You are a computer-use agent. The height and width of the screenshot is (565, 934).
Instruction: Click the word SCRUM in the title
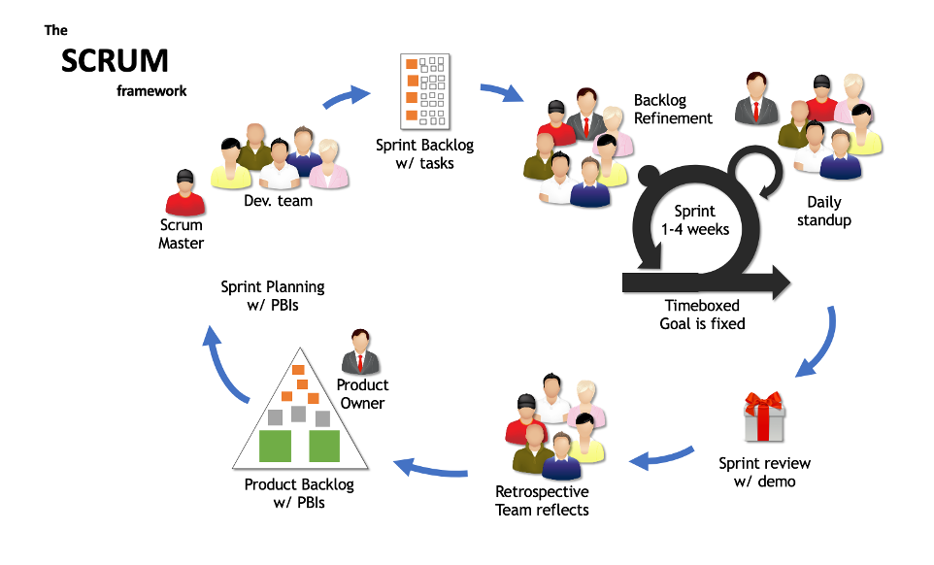click(x=115, y=61)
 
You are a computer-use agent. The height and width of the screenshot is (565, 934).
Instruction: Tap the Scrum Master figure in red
click(x=184, y=193)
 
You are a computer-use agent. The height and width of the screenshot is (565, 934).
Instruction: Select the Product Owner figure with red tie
click(x=360, y=351)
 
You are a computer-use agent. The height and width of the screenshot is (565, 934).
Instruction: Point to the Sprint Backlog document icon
click(x=425, y=90)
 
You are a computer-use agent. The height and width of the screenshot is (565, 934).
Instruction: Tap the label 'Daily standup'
click(x=824, y=211)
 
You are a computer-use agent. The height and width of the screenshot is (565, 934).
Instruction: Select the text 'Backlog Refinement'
click(x=673, y=109)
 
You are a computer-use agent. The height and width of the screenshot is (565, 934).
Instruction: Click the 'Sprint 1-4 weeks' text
click(x=694, y=219)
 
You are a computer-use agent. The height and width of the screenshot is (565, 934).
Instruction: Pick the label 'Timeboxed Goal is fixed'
click(x=702, y=313)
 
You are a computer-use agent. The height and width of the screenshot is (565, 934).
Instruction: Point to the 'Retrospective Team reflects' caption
click(x=542, y=500)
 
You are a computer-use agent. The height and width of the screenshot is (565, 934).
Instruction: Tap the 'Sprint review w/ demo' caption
click(x=764, y=472)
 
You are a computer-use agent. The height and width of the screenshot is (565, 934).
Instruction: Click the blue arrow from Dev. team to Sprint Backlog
click(x=346, y=97)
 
